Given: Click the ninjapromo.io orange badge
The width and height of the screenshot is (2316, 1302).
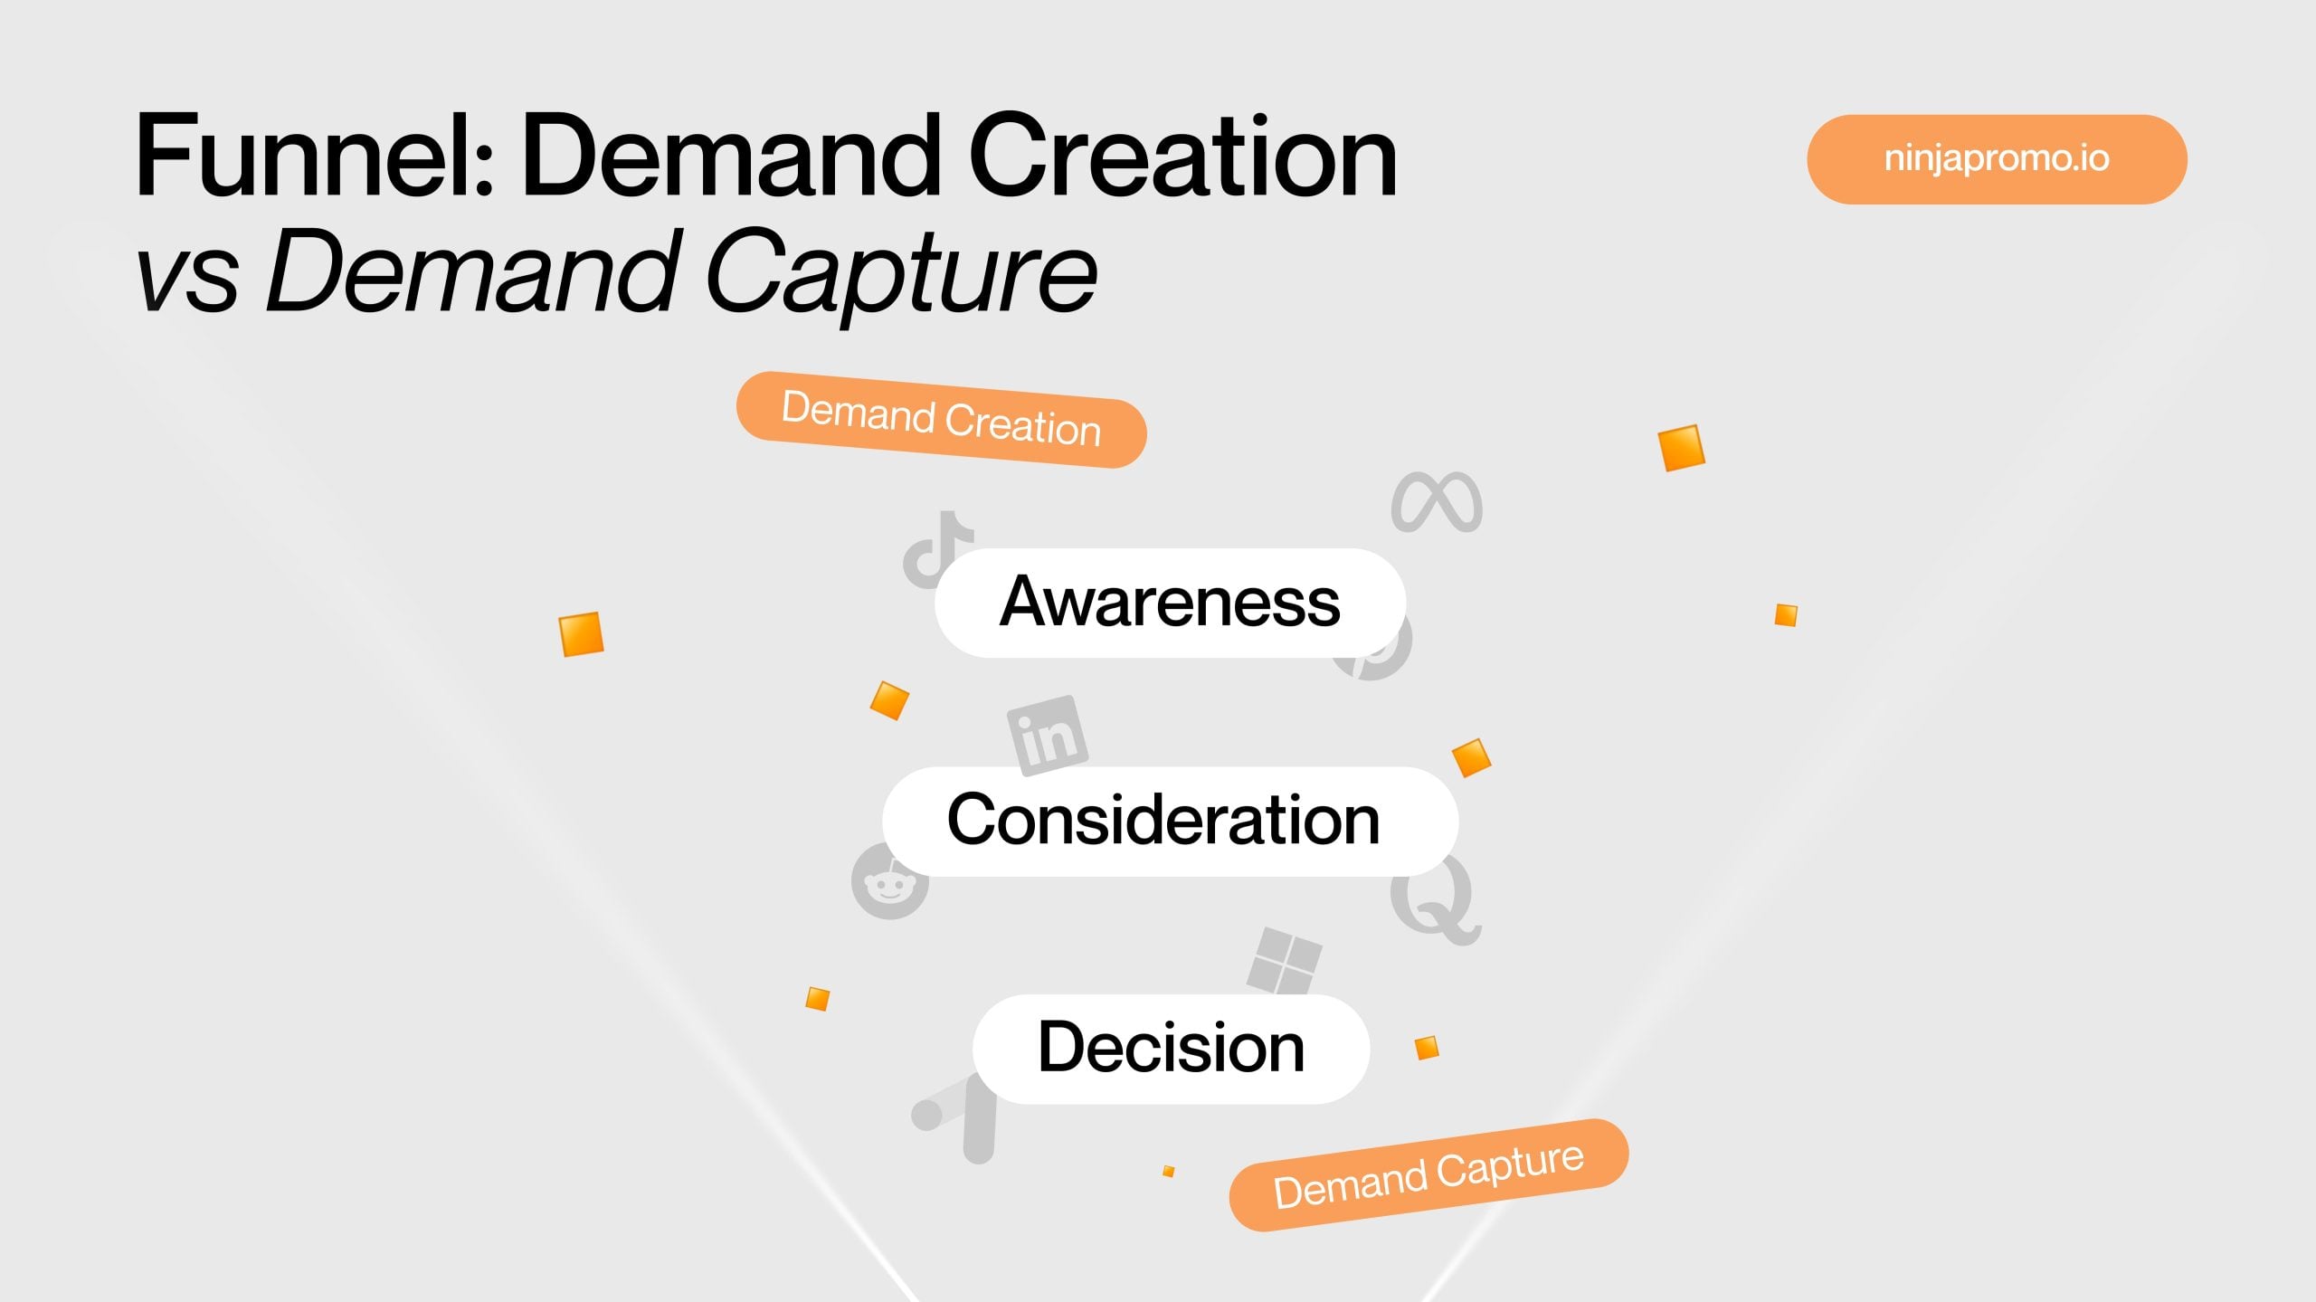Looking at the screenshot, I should [1996, 159].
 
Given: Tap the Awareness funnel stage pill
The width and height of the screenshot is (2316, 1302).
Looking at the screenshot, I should [1169, 603].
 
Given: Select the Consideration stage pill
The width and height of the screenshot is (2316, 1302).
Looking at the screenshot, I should [1169, 821].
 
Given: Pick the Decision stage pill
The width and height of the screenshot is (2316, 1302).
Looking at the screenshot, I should [1171, 1048].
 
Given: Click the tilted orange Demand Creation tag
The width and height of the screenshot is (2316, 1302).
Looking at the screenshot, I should [941, 420].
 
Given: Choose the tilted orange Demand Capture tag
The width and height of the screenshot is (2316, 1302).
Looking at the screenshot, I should [1428, 1175].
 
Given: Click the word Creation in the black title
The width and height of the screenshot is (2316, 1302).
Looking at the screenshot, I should [1182, 156].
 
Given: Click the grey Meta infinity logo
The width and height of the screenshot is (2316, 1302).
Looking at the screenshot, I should [1437, 502].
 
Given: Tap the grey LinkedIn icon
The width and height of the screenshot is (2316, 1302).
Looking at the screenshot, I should [1047, 735].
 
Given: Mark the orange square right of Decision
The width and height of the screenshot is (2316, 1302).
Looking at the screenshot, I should [1427, 1048].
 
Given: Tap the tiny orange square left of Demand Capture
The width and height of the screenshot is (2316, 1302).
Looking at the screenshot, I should [1168, 1171].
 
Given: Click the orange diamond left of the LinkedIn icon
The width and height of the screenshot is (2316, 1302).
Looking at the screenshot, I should [889, 700].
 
